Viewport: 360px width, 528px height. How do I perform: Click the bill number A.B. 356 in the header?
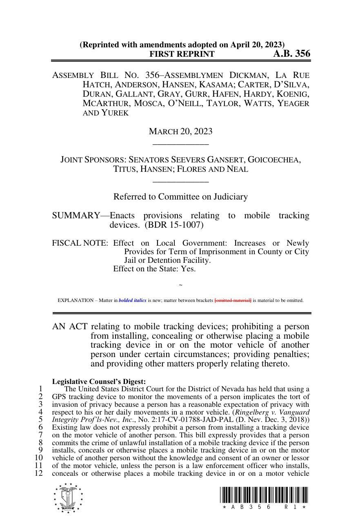[291, 53]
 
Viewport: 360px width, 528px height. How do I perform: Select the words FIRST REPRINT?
[182, 54]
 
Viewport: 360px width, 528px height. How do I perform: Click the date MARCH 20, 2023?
[180, 131]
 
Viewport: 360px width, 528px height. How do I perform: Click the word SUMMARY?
[76, 215]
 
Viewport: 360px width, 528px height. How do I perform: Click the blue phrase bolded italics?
[132, 300]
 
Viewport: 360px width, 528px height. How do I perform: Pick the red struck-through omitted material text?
[233, 300]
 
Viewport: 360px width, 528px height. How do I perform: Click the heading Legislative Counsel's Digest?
[99, 382]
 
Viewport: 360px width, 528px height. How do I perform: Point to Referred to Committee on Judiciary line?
[180, 197]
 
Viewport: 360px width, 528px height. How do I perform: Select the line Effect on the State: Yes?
[154, 268]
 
